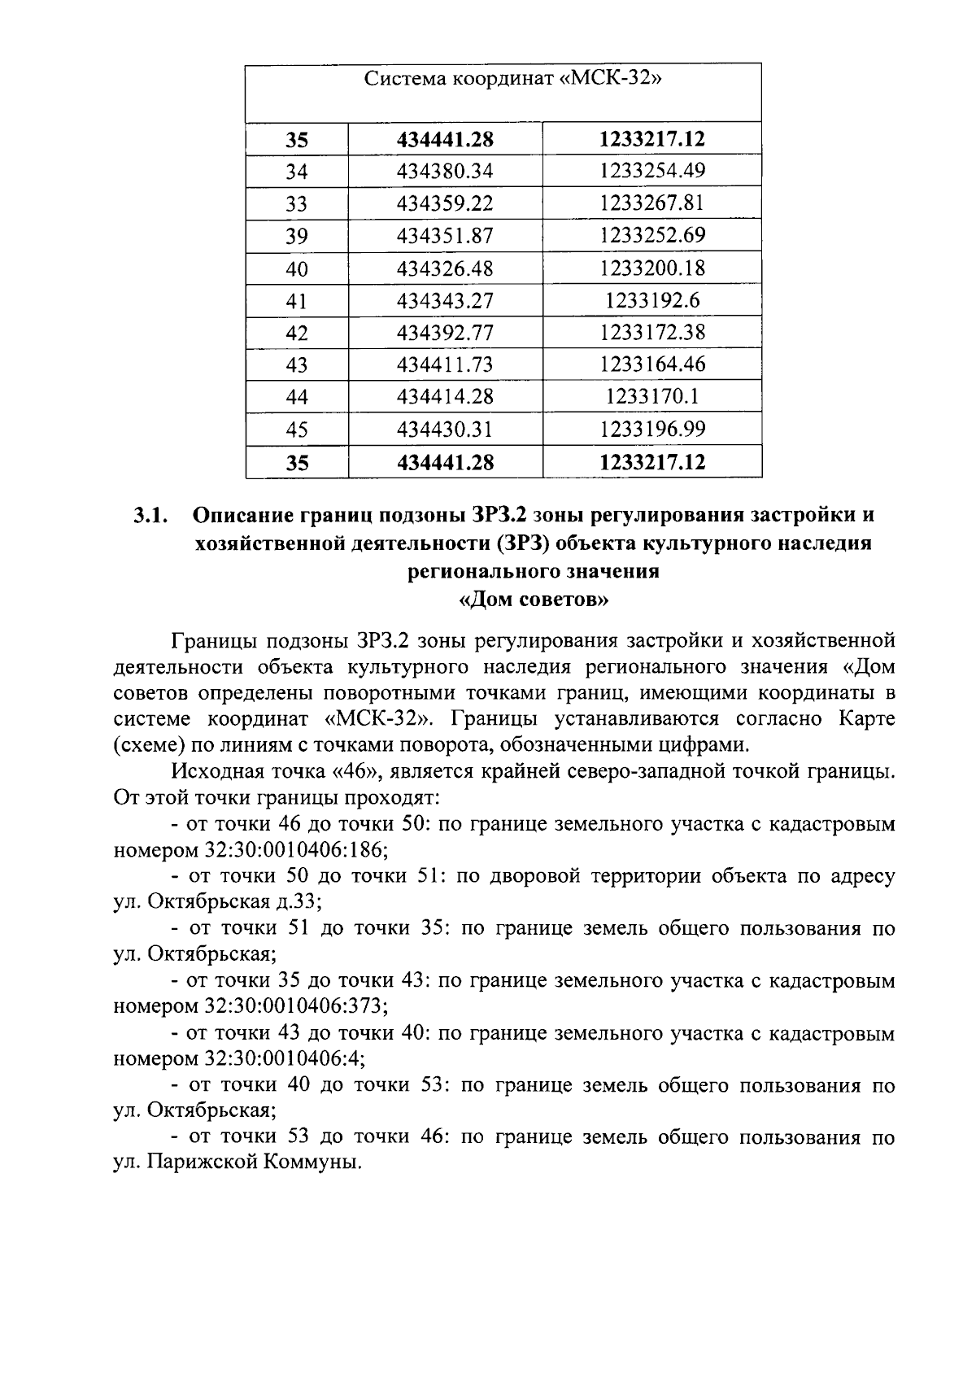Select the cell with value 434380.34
(x=445, y=172)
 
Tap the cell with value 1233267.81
(x=651, y=203)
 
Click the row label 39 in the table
(x=297, y=237)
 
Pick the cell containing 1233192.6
(x=651, y=301)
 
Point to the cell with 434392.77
(x=445, y=333)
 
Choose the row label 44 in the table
(x=297, y=398)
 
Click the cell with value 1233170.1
(x=651, y=397)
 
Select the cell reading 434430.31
(x=445, y=430)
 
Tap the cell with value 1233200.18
(x=651, y=268)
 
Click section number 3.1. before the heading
(x=151, y=516)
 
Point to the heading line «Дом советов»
(x=534, y=601)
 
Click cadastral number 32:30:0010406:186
(x=293, y=850)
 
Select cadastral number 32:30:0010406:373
(x=293, y=1007)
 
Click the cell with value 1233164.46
(x=651, y=364)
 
